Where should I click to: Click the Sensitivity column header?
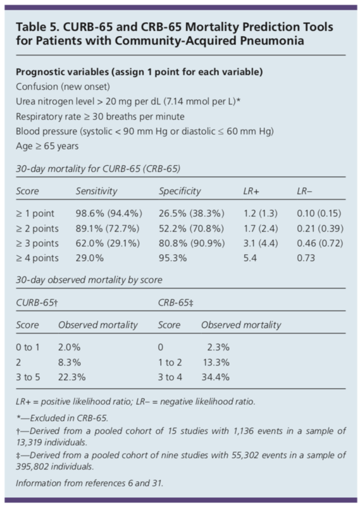tap(97, 191)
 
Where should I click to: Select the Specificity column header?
tap(180, 191)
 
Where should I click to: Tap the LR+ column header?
tap(251, 192)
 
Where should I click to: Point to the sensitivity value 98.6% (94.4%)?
tap(109, 213)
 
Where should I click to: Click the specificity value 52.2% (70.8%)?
tap(191, 228)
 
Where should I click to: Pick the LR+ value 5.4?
tap(250, 258)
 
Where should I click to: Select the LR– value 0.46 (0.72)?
tap(320, 244)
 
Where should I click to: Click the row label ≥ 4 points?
tap(37, 258)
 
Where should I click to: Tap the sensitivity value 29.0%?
tap(89, 258)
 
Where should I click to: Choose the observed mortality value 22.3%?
tap(71, 377)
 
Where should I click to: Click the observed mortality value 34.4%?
tap(215, 377)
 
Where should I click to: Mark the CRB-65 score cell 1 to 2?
tap(170, 362)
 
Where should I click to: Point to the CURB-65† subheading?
tap(37, 303)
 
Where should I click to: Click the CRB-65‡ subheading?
tap(176, 303)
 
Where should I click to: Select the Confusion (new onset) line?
tap(63, 87)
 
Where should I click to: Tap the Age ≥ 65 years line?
tap(47, 146)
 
